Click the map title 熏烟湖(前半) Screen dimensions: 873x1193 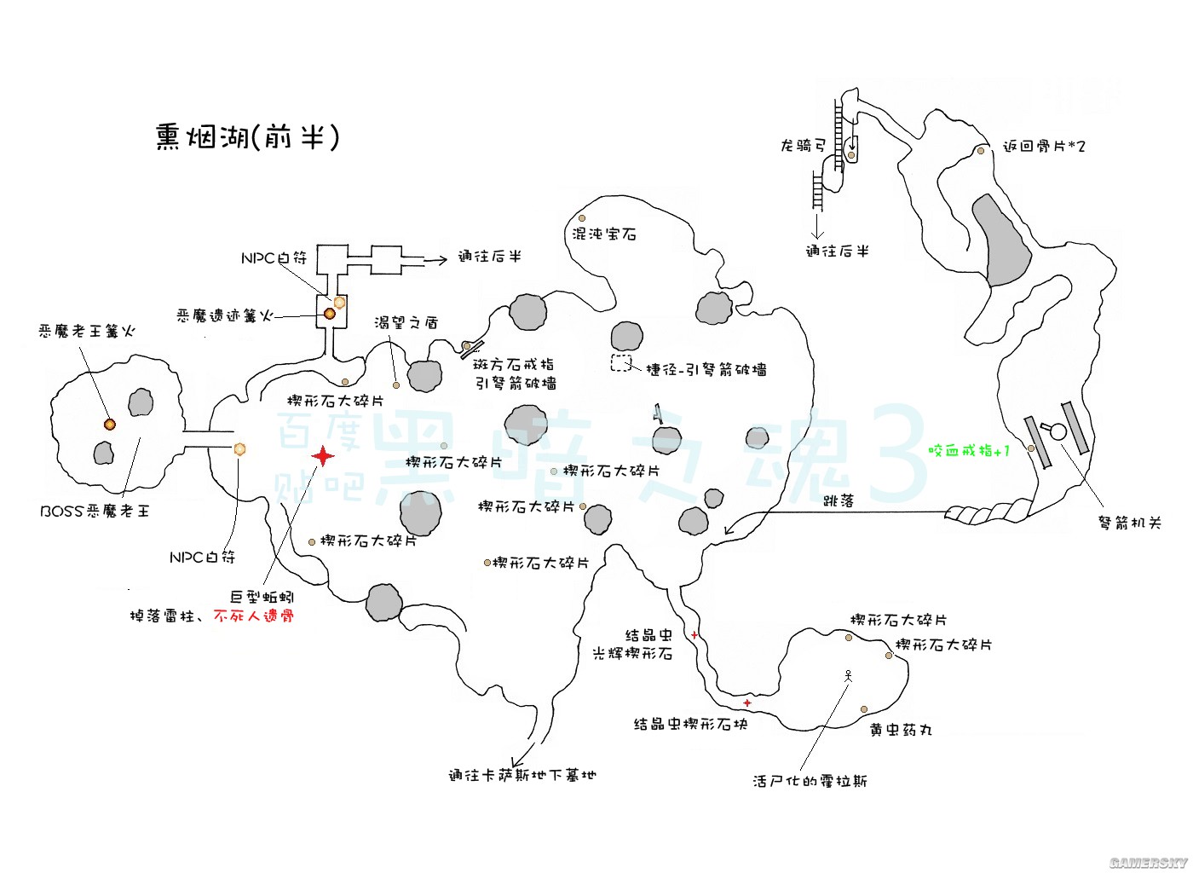[247, 136]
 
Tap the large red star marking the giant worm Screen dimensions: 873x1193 [323, 456]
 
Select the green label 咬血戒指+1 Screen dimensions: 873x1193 [969, 450]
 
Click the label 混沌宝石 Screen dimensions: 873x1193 [604, 234]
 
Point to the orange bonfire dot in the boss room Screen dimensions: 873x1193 [109, 424]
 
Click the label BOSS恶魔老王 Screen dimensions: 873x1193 [95, 511]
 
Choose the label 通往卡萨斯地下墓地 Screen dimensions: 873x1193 [522, 775]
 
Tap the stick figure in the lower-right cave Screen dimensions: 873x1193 [848, 675]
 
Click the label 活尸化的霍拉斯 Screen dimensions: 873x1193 [810, 781]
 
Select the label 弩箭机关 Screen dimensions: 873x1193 [1129, 523]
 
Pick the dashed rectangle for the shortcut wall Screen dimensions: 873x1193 [621, 362]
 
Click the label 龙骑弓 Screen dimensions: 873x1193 [803, 146]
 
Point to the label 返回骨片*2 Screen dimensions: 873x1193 [1044, 147]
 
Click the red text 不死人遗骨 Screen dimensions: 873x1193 [254, 616]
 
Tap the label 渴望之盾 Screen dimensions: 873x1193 [406, 322]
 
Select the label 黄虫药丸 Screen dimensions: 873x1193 [901, 730]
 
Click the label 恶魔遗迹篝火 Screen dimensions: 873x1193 [225, 315]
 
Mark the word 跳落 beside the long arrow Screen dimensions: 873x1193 [839, 501]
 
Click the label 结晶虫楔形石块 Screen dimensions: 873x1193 [690, 724]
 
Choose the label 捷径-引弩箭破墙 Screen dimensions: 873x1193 [706, 369]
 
